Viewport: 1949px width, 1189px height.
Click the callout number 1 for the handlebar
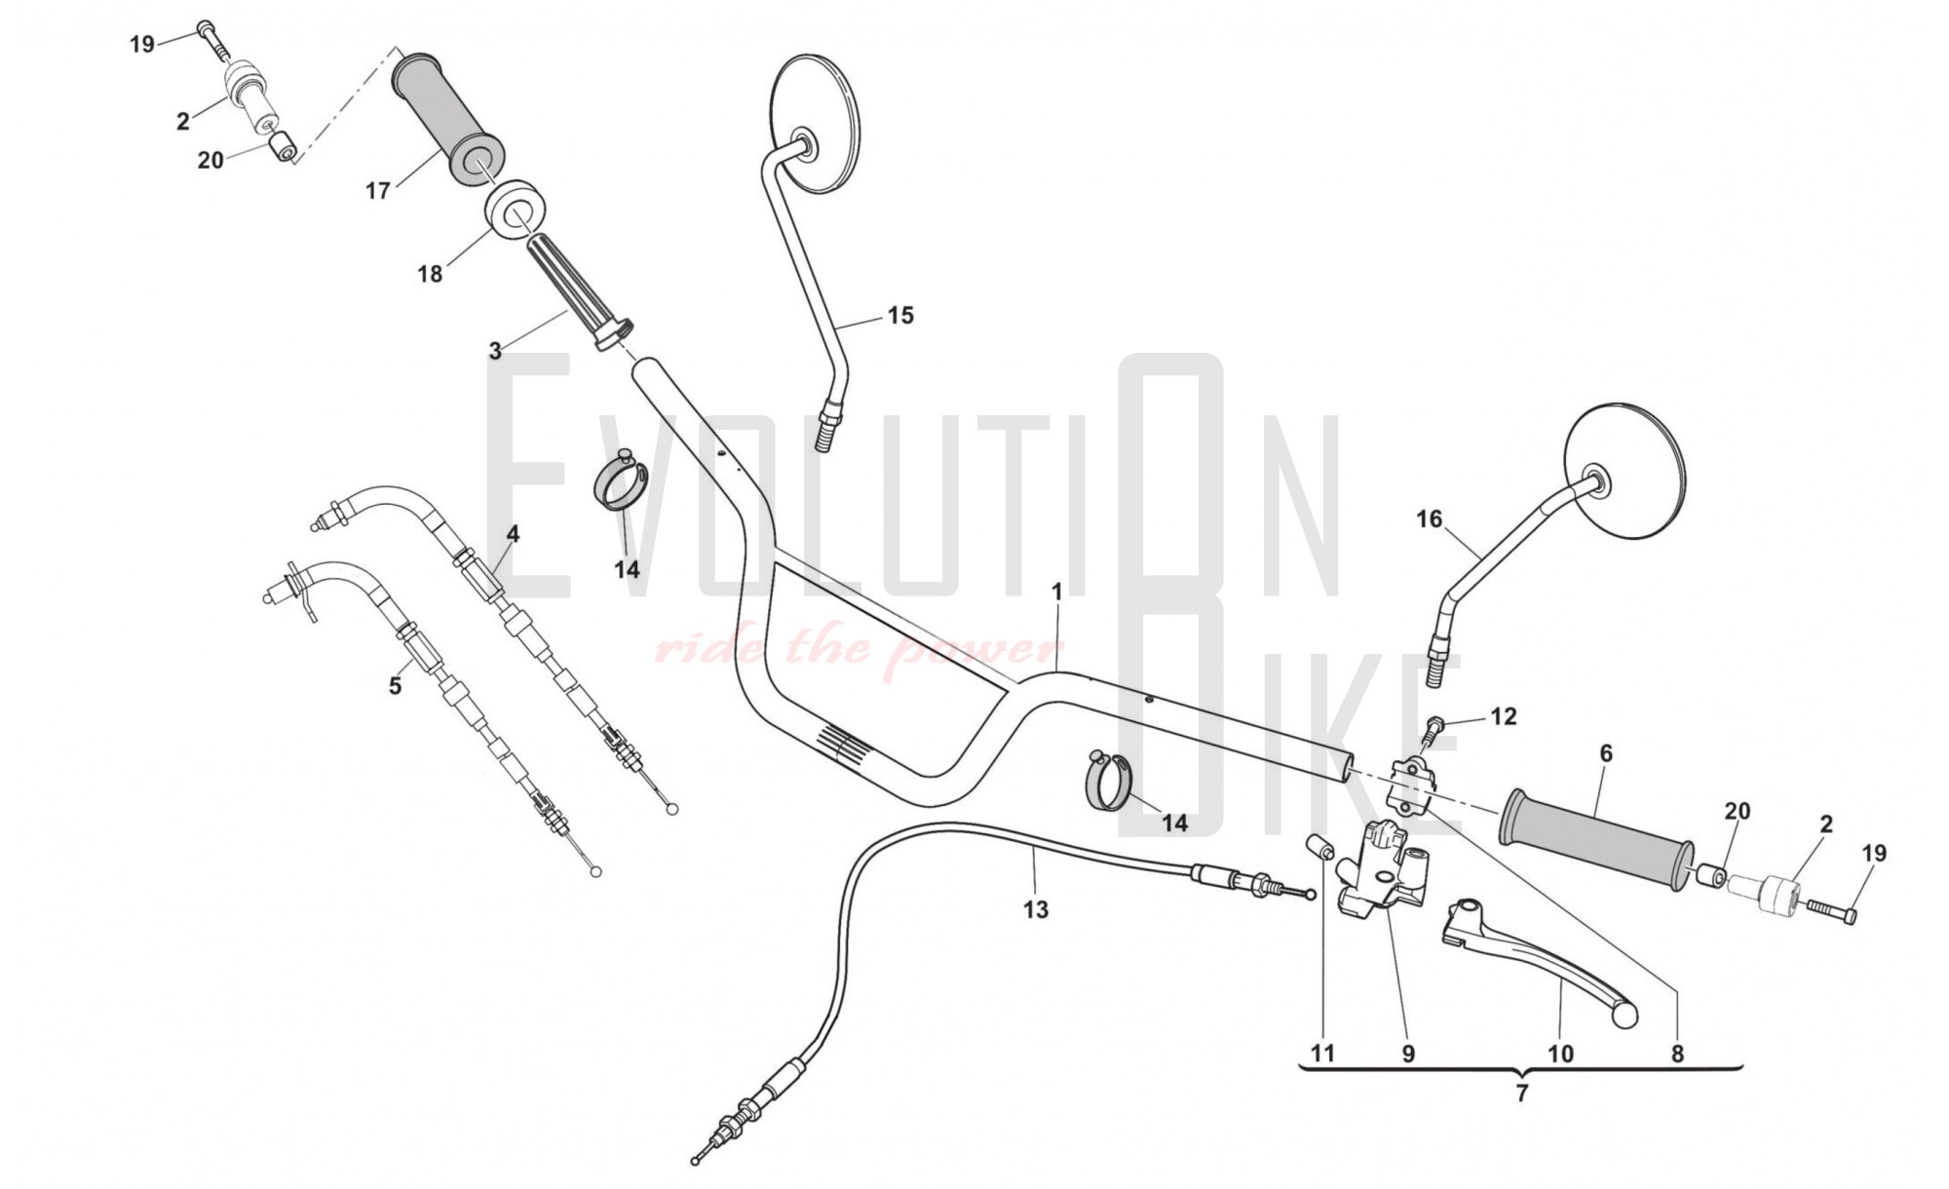click(1056, 592)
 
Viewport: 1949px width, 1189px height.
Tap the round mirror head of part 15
click(816, 122)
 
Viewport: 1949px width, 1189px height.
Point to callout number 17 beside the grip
click(378, 191)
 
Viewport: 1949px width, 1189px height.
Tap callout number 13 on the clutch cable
click(1036, 909)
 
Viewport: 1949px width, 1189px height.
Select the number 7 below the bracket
click(1522, 1093)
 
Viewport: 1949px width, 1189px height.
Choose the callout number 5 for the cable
click(395, 685)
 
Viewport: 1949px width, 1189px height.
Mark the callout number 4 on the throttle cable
click(513, 534)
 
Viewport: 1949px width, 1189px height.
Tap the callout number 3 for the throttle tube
click(495, 351)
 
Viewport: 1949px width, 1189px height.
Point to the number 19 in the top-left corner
click(142, 44)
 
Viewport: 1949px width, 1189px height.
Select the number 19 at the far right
click(1874, 854)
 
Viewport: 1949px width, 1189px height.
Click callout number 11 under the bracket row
click(1322, 1054)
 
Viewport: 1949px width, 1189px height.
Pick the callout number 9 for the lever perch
click(1408, 1054)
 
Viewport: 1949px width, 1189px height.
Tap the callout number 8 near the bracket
click(1677, 1054)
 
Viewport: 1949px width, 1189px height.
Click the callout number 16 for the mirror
click(1429, 519)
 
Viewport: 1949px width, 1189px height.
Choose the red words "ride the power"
click(858, 648)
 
